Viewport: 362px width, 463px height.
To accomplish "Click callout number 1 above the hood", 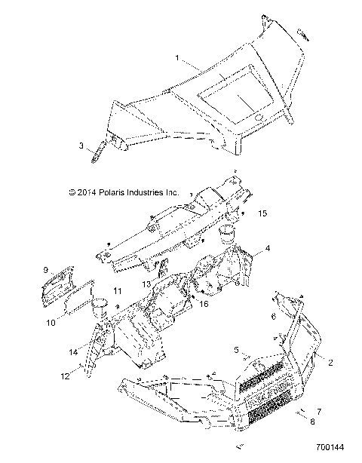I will point(178,58).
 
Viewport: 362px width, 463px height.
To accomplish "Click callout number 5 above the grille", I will point(237,349).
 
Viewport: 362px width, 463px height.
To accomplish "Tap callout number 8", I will point(314,423).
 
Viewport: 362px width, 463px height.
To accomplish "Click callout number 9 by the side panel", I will point(45,269).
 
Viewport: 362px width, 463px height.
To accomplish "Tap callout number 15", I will point(262,213).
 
